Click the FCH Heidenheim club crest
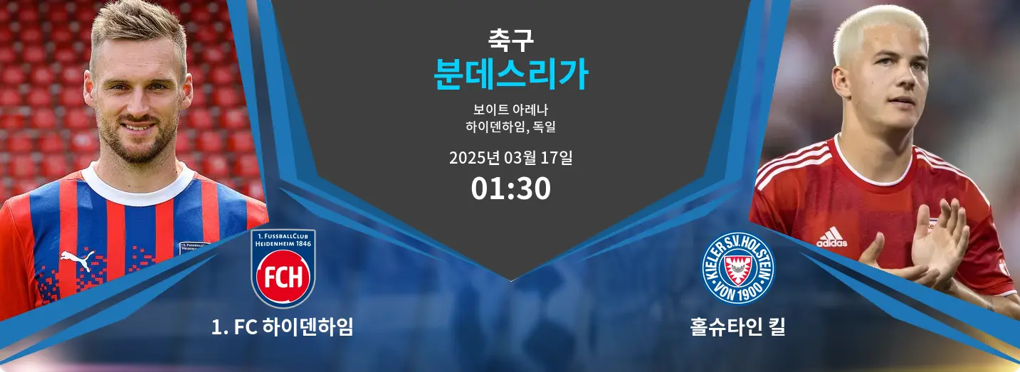click(283, 268)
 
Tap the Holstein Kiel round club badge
click(737, 268)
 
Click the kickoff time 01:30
click(510, 188)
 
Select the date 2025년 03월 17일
click(510, 158)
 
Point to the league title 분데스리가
click(510, 74)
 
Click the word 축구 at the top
click(510, 40)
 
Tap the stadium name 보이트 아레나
click(510, 110)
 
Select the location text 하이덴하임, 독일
click(510, 127)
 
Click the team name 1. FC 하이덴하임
click(283, 326)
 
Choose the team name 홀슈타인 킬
click(737, 326)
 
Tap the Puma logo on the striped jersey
click(78, 258)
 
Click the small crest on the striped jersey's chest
click(194, 248)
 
